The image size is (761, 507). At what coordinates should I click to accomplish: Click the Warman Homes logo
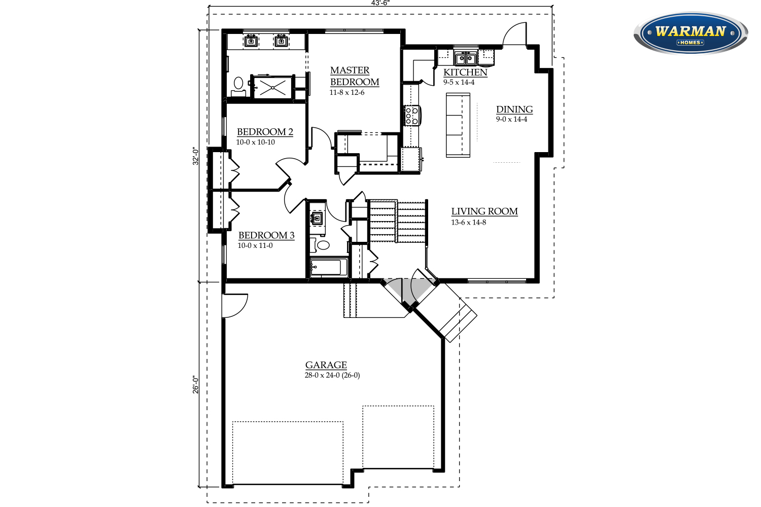(690, 33)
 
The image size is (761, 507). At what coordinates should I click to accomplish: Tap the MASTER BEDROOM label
(354, 76)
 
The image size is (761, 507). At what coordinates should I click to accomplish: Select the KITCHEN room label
(465, 72)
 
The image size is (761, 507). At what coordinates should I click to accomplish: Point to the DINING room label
(514, 109)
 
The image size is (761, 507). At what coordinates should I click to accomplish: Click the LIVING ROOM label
(485, 211)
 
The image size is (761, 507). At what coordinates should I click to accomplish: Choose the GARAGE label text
(326, 365)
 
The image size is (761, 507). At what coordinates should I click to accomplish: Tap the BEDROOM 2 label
(265, 132)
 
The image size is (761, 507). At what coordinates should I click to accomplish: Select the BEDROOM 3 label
(266, 235)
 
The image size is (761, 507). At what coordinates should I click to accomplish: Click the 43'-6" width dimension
(380, 3)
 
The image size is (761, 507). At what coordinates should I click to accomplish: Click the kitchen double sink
(465, 58)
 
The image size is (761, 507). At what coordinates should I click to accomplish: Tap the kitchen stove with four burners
(411, 116)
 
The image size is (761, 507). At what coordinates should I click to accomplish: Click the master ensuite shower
(273, 87)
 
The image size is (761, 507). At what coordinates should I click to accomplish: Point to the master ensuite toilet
(238, 85)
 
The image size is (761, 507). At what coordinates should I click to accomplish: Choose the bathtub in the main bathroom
(329, 267)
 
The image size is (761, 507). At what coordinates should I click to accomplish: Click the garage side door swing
(234, 306)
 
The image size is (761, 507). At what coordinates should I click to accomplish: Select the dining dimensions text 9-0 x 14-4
(511, 119)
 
